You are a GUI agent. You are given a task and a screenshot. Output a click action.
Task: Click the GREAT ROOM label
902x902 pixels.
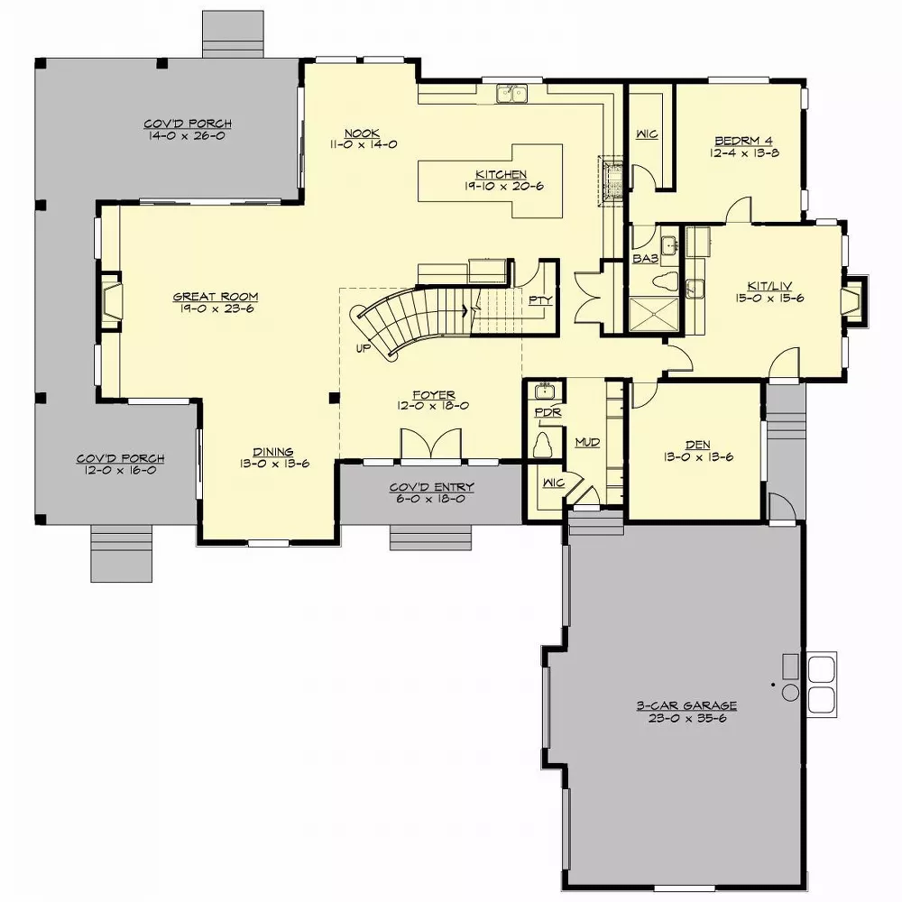[x=216, y=296]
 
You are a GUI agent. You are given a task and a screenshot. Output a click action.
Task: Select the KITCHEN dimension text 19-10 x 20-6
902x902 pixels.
[x=502, y=187]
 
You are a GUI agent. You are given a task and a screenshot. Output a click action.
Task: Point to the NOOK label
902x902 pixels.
[x=366, y=133]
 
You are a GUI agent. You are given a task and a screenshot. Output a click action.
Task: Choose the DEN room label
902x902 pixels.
[x=696, y=445]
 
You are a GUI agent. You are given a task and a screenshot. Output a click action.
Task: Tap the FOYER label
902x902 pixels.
[x=433, y=394]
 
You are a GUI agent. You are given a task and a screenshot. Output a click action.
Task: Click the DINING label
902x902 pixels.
[x=272, y=452]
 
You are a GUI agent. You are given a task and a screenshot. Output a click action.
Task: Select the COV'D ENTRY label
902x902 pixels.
[x=431, y=487]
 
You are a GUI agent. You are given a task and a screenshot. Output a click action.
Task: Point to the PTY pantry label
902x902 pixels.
[x=539, y=299]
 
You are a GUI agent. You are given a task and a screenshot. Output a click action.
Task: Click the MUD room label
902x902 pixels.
[x=587, y=443]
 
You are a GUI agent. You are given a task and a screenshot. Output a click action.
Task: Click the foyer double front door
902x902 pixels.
[x=431, y=446]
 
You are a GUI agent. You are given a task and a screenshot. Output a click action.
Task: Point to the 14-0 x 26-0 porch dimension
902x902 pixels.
[x=188, y=136]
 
